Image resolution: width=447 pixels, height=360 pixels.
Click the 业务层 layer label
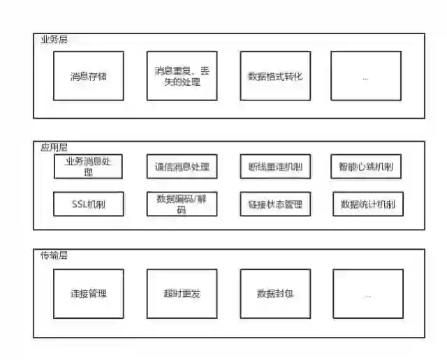coord(54,40)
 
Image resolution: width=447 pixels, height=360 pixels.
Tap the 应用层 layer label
coord(54,148)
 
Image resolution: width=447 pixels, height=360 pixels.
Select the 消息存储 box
coord(88,75)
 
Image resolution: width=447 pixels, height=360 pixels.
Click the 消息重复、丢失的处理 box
coord(182,75)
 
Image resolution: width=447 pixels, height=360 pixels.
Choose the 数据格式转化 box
coord(274,75)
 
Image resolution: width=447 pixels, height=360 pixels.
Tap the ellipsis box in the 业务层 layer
coord(366,75)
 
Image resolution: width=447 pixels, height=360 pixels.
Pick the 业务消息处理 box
coord(88,166)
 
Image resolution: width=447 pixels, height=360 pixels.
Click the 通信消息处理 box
coord(182,167)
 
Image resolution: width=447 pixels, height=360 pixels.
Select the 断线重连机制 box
coord(274,167)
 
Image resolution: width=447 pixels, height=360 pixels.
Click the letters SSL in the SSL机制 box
coord(80,204)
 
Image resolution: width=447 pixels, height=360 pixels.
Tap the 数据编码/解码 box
coord(182,204)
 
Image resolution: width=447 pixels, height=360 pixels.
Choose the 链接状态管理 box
coord(274,204)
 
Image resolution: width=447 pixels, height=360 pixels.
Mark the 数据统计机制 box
coord(367,204)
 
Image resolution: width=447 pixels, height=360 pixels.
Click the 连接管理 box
coord(88,294)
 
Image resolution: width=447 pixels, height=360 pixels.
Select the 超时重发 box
coord(182,294)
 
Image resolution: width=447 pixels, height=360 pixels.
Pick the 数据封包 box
coord(274,294)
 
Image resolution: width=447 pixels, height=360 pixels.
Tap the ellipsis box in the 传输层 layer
coord(367,294)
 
